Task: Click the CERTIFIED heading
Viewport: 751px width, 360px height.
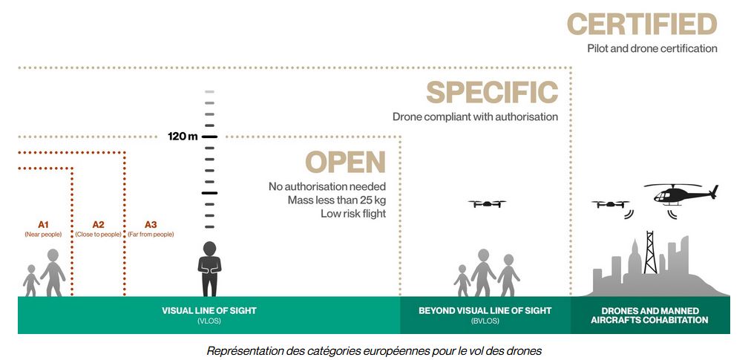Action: pyautogui.click(x=643, y=24)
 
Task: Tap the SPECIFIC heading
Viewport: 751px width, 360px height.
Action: pyautogui.click(x=491, y=93)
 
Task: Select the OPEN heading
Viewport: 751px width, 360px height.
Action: pyautogui.click(x=345, y=163)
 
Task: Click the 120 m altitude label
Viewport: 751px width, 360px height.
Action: pyautogui.click(x=183, y=137)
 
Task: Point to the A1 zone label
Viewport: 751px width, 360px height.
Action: pyautogui.click(x=43, y=224)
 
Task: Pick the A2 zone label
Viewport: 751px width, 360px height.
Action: pyautogui.click(x=98, y=224)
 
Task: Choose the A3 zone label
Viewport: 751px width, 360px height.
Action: pyautogui.click(x=151, y=224)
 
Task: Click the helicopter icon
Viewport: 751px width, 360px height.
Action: pyautogui.click(x=679, y=194)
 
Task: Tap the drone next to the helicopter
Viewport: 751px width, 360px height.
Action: pyautogui.click(x=611, y=204)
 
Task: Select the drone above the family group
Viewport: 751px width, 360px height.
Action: pyautogui.click(x=487, y=203)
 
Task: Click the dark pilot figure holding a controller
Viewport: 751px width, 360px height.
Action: pyautogui.click(x=209, y=269)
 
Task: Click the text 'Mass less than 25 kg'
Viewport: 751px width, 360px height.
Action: pyautogui.click(x=337, y=200)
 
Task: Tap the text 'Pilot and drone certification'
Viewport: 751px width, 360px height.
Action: pyautogui.click(x=652, y=48)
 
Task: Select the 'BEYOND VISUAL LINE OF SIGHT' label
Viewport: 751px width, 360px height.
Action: pyautogui.click(x=485, y=311)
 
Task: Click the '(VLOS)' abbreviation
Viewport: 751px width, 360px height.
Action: pyautogui.click(x=209, y=321)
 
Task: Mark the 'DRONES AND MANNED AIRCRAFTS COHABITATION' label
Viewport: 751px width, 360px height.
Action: pyautogui.click(x=649, y=315)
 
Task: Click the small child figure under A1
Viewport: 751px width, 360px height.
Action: pyautogui.click(x=31, y=281)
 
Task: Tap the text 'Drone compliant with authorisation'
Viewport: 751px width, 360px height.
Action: pyautogui.click(x=475, y=117)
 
